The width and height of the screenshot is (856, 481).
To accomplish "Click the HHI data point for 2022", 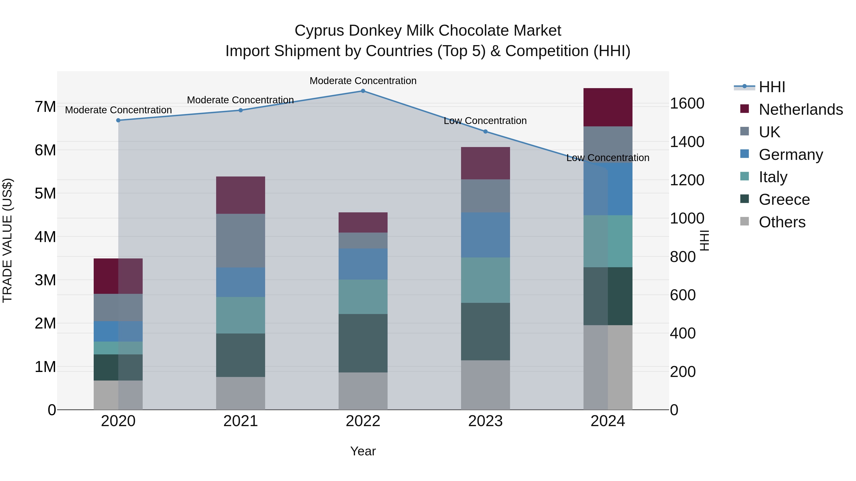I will pos(363,91).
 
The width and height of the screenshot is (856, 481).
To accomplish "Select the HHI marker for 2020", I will pos(118,120).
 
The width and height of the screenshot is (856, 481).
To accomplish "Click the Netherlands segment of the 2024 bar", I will pos(608,107).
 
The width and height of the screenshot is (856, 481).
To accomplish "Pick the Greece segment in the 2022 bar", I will pos(363,343).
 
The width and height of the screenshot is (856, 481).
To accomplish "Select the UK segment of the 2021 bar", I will pos(241,240).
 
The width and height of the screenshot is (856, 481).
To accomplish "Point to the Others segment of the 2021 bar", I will pos(241,393).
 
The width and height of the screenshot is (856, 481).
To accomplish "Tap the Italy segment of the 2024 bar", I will pos(608,241).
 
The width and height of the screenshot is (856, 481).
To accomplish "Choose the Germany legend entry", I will pos(791,155).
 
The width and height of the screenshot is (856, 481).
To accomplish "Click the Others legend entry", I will pos(782,222).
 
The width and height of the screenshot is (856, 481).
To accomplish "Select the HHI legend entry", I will pos(772,87).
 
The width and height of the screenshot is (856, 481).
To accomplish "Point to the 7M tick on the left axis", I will pos(45,107).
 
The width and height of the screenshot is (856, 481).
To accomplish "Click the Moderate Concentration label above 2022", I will pos(363,81).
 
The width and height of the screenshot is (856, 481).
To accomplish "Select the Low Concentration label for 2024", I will pos(608,158).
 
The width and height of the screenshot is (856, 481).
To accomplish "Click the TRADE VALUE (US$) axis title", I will pos(7,240).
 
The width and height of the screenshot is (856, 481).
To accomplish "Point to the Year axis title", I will pos(363,451).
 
